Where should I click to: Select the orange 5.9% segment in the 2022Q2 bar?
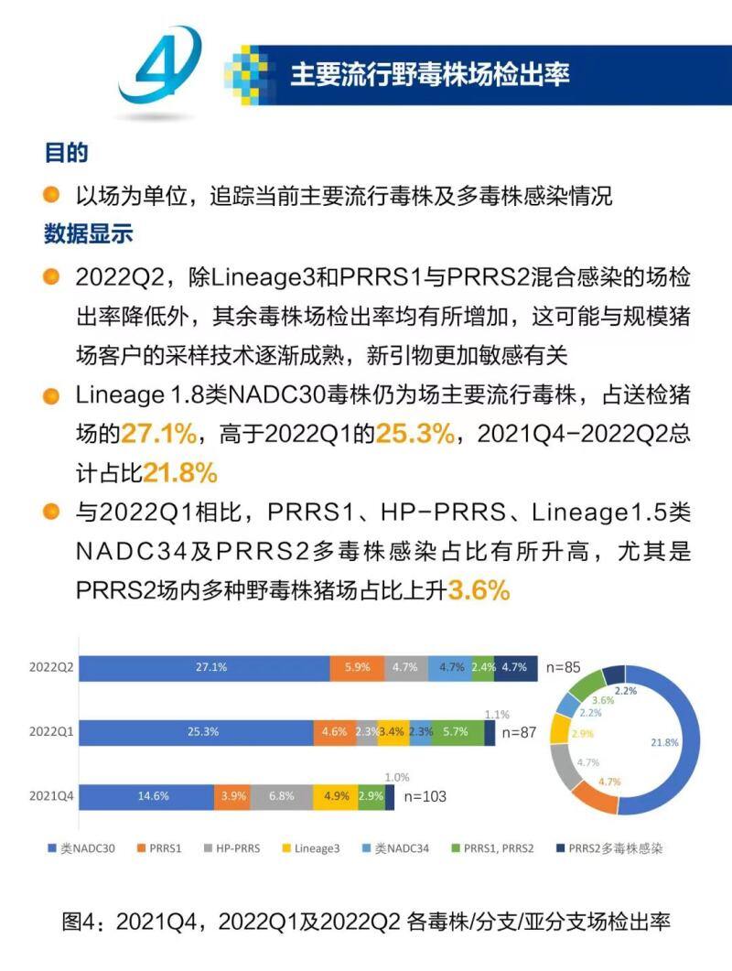coord(357,667)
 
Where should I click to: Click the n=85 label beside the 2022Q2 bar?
coord(562,667)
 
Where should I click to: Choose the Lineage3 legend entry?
coord(314,848)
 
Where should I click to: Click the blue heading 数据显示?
coord(89,233)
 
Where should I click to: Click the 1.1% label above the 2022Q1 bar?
coord(498,714)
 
